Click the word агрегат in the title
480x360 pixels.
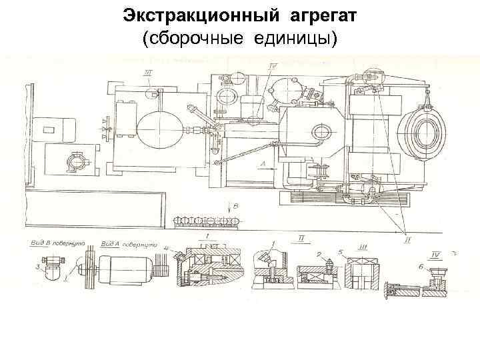tap(317, 16)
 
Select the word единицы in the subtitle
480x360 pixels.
tap(293, 39)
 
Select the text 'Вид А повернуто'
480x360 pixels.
tap(125, 245)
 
